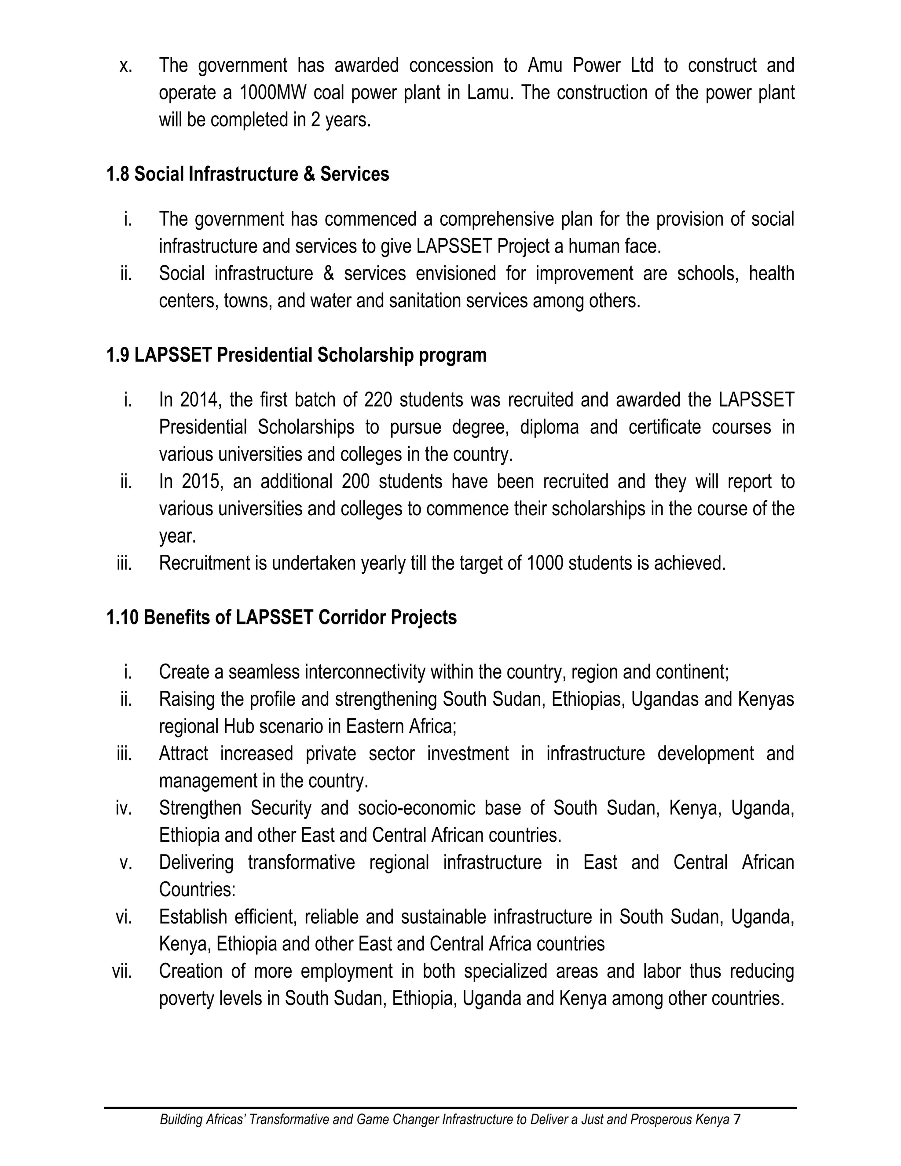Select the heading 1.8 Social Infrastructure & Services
pyautogui.click(x=248, y=174)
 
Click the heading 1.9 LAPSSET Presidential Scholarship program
pyautogui.click(x=296, y=355)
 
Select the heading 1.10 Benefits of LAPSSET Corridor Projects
pyautogui.click(x=281, y=617)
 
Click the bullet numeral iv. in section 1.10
pyautogui.click(x=123, y=808)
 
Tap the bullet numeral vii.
pyautogui.click(x=122, y=972)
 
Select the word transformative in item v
pyautogui.click(x=301, y=863)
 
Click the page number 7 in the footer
pyautogui.click(x=737, y=1119)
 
